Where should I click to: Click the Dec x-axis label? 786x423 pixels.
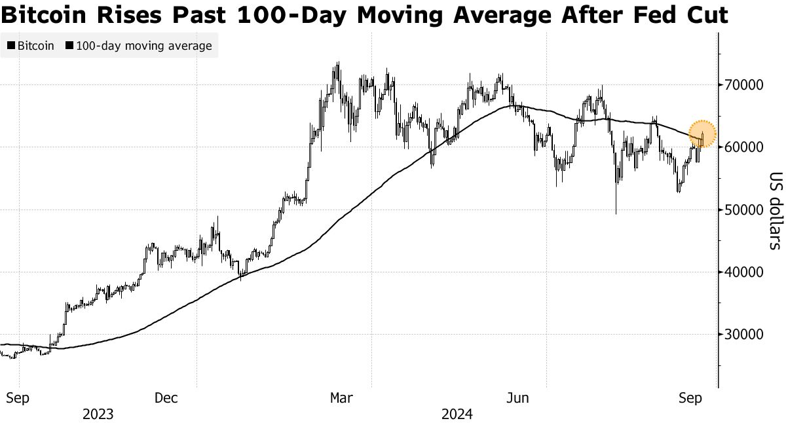point(167,398)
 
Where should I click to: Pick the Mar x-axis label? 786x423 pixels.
point(342,398)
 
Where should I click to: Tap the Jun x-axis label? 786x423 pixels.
point(518,398)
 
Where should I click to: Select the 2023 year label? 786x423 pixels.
point(98,414)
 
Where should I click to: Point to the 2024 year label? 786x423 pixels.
point(457,414)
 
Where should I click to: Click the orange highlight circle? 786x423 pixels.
point(702,134)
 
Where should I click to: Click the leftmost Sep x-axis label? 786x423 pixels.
point(19,398)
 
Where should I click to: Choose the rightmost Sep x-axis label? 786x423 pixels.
point(692,398)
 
